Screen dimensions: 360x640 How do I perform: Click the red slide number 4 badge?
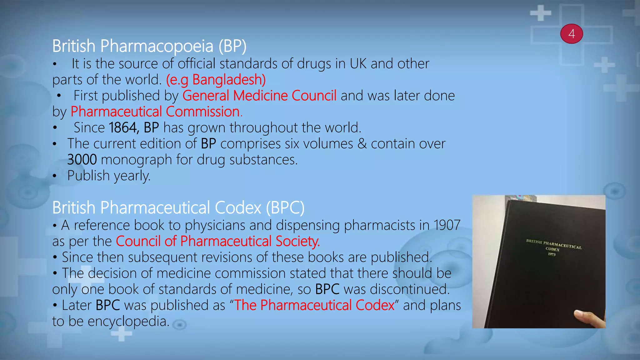tap(572, 34)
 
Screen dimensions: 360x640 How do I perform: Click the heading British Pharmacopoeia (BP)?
tap(149, 46)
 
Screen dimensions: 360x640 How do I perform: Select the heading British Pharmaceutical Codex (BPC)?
tap(178, 208)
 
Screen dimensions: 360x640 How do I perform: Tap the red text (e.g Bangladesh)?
tap(216, 80)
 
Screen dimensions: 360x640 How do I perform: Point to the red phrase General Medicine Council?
tap(259, 96)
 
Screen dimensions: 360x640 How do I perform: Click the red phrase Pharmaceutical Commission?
tap(156, 112)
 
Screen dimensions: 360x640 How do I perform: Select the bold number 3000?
tap(82, 160)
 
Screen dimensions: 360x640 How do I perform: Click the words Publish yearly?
tap(109, 176)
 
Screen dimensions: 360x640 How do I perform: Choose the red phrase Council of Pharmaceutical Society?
tap(218, 241)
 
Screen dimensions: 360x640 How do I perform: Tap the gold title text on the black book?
tap(553, 245)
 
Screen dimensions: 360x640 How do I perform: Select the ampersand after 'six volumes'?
tap(362, 144)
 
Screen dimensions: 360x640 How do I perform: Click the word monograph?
tap(136, 160)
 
